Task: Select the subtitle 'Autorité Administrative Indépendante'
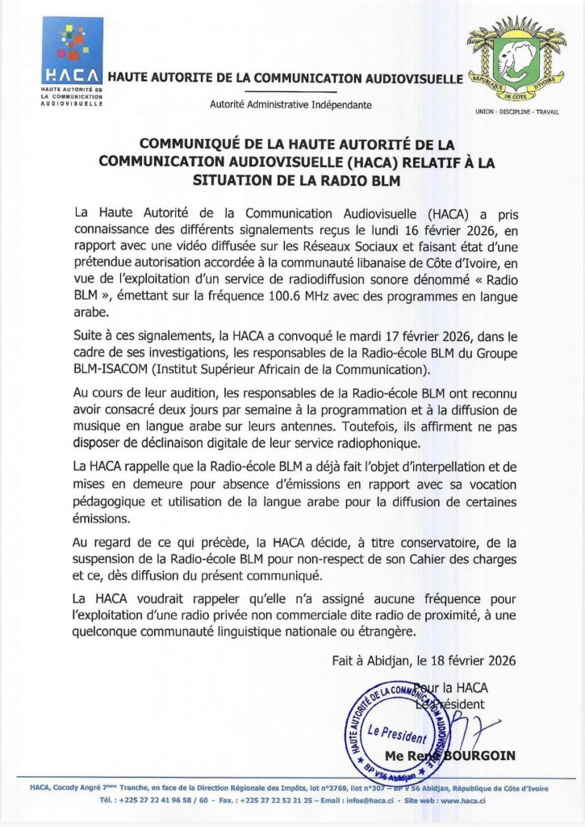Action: (290, 105)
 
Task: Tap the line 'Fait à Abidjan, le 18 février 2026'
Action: (424, 660)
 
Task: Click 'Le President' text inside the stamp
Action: (396, 734)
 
